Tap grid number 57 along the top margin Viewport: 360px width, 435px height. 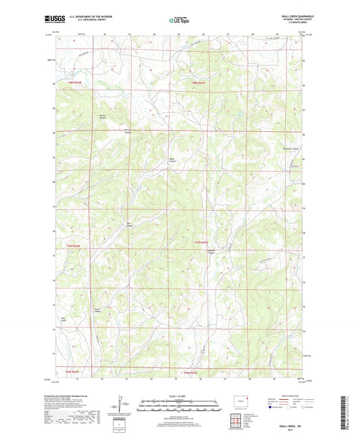point(228,32)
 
